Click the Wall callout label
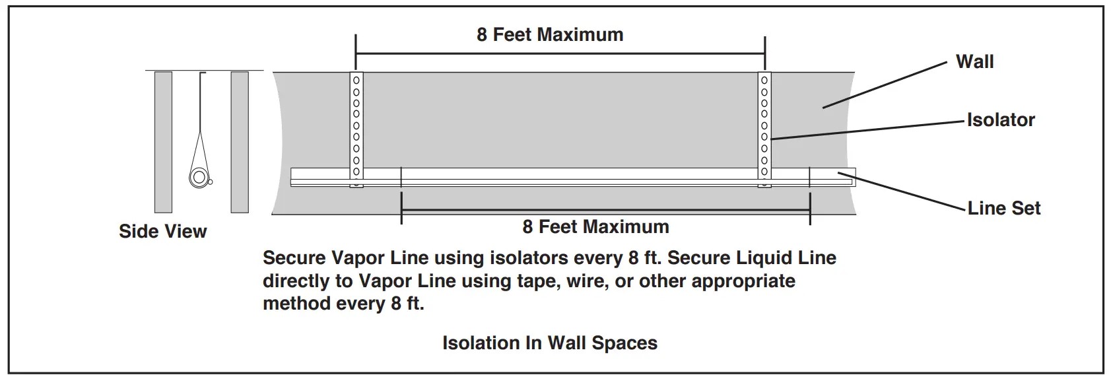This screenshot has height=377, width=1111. [x=974, y=62]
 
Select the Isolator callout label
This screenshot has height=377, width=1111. [x=1000, y=120]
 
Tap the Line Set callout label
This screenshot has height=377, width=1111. [x=1003, y=209]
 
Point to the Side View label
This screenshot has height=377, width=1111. [x=162, y=231]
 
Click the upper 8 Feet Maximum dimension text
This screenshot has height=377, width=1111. [x=550, y=35]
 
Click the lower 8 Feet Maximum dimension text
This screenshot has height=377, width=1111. [x=595, y=227]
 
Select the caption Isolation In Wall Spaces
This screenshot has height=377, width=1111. [x=549, y=343]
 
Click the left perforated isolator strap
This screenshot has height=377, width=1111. [x=356, y=125]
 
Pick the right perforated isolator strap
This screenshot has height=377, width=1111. [x=764, y=125]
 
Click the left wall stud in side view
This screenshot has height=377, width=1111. [x=163, y=142]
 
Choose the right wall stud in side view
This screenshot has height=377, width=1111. [x=240, y=142]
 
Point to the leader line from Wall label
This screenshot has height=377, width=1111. [x=885, y=85]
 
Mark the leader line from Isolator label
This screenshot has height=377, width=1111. [x=865, y=130]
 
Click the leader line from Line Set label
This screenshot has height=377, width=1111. [x=904, y=191]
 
